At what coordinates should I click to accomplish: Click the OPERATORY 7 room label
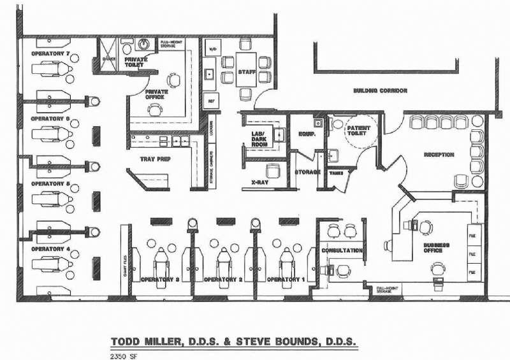tap(50, 54)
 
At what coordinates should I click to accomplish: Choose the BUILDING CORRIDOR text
tap(380, 91)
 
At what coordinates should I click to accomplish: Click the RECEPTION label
tap(439, 154)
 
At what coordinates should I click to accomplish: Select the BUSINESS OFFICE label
tap(436, 247)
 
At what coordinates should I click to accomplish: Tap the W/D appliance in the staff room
tap(212, 49)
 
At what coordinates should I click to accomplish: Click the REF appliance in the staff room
tap(211, 101)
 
